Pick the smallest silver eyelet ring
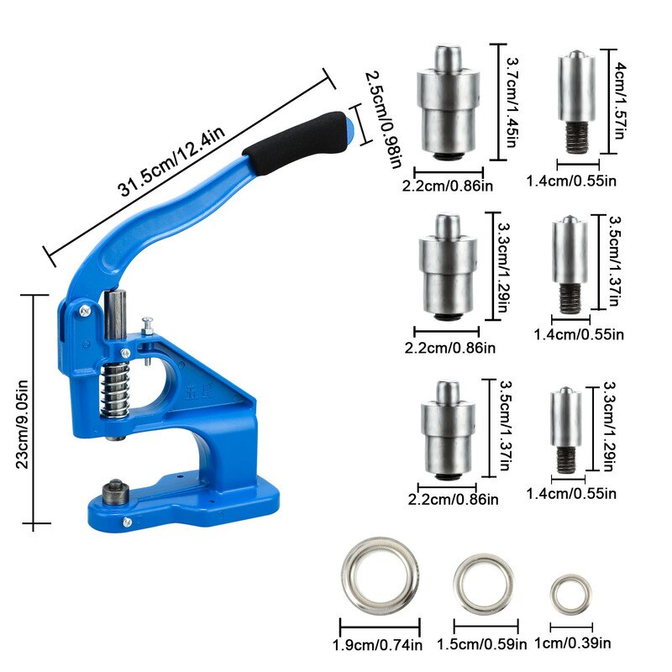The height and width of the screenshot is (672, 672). pyautogui.click(x=570, y=592)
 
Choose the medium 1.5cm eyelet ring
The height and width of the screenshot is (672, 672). pyautogui.click(x=485, y=584)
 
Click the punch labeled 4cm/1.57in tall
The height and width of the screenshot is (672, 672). pyautogui.click(x=576, y=102)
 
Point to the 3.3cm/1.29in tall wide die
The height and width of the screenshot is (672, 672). pyautogui.click(x=447, y=265)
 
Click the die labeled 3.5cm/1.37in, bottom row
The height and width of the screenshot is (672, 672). pyautogui.click(x=448, y=428)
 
